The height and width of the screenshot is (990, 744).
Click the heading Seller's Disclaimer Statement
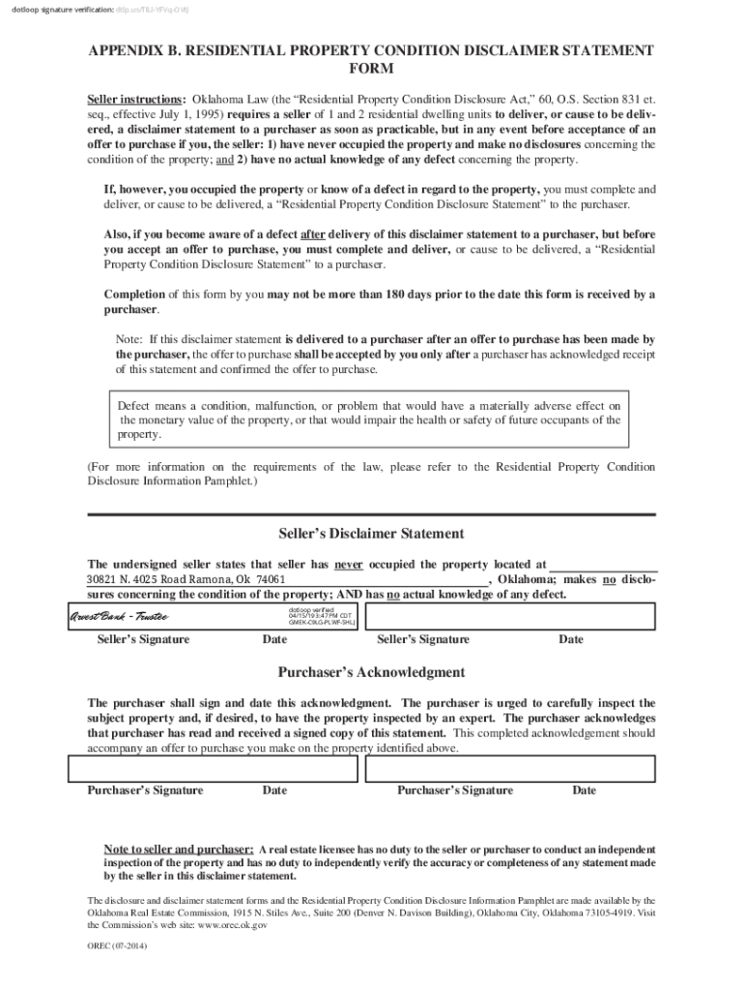click(371, 534)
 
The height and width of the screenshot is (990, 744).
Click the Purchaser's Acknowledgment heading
click(371, 672)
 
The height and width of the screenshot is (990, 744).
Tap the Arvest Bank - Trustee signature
click(118, 617)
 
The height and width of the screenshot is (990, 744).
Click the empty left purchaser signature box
click(213, 768)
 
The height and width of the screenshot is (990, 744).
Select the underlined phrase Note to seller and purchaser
click(180, 848)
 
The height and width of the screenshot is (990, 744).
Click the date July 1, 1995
click(191, 114)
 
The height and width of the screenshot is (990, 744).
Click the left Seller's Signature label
click(143, 639)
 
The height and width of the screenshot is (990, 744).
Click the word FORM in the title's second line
click(371, 70)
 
